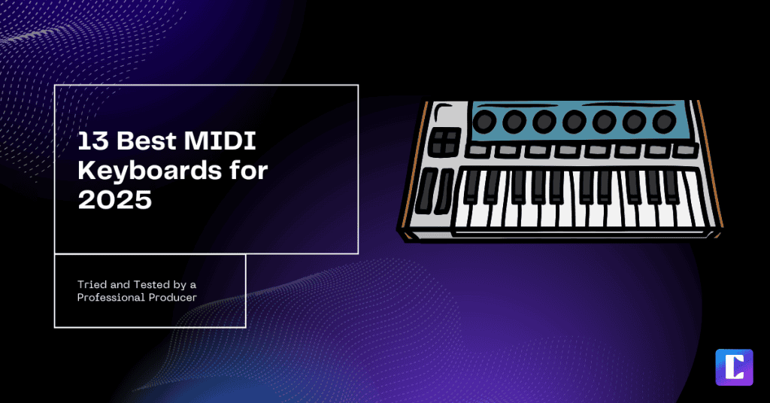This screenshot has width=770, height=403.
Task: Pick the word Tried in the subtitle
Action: pos(92,284)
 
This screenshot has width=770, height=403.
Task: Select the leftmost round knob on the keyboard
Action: pos(486,120)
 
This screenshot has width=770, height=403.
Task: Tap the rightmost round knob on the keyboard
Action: pos(664,120)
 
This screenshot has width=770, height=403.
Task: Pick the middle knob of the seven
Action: pos(575,120)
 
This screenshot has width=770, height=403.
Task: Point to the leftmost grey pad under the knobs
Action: pos(476,152)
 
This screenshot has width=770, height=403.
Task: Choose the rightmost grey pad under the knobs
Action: pos(681,150)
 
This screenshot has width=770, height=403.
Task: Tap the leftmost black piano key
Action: pos(471,188)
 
